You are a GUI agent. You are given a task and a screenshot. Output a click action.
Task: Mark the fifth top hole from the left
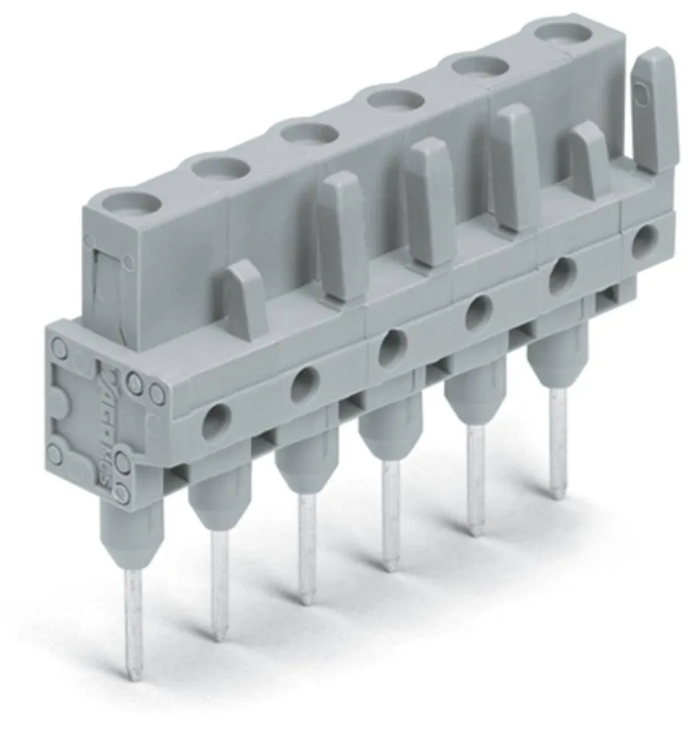[x=482, y=65]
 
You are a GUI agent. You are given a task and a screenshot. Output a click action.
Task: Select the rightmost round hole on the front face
[x=645, y=241]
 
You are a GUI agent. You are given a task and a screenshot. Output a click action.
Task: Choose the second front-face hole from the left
[x=304, y=384]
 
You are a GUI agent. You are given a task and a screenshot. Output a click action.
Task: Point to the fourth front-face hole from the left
[x=478, y=311]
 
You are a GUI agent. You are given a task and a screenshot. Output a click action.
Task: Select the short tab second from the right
[x=591, y=162]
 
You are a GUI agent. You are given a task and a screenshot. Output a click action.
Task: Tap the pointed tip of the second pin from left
[x=219, y=633]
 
